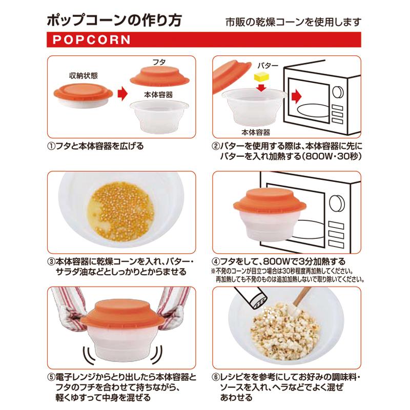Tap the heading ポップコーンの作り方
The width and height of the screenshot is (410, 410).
113,21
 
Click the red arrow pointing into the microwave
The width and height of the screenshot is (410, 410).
296,96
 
